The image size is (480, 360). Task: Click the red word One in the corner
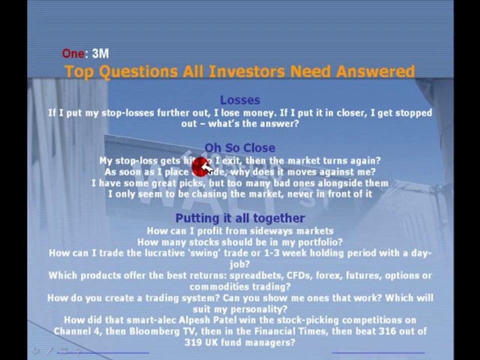[x=72, y=53]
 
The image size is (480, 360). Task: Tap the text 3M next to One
[x=100, y=53]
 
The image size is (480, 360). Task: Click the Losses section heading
[x=240, y=100]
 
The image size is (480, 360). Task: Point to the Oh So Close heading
[x=240, y=148]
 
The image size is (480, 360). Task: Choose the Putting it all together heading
[x=240, y=218]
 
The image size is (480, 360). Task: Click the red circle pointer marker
[x=200, y=167]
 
